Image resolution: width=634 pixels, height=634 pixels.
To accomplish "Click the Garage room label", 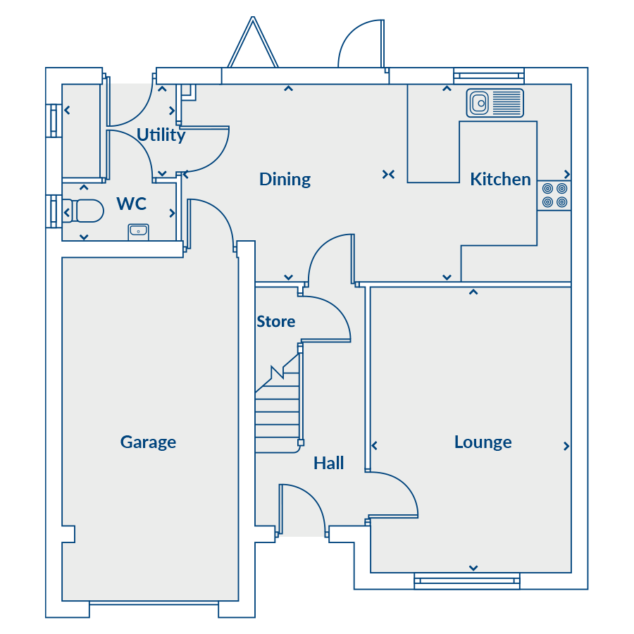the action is pos(148,442).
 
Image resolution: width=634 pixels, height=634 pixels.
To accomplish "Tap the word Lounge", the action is pos(483,442).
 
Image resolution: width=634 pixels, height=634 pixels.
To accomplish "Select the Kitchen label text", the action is pos(500,179).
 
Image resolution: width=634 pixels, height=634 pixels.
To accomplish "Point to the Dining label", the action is pos(285,180).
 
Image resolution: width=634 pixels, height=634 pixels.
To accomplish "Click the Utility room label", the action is pos(161,135).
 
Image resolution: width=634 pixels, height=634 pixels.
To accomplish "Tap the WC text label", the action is pos(132,204).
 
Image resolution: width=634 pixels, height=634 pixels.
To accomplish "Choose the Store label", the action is pos(276,322).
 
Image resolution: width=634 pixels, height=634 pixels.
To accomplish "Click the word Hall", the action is pos(329,464).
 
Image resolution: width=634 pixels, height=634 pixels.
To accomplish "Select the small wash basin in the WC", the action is pos(138,232).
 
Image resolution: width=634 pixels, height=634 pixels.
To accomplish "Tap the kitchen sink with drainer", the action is pos(495,103).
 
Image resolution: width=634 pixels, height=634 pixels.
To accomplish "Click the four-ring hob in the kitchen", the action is pos(554,195).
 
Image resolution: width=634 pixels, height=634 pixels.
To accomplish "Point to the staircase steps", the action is pos(278,404).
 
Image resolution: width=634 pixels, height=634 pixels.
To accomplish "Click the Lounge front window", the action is pos(467,581).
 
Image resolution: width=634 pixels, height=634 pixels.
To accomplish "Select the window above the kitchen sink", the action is pos(489,75).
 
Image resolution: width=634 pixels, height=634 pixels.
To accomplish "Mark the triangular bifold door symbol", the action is pos(253,42).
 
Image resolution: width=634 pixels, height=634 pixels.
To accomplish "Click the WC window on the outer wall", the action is pos(54,211).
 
